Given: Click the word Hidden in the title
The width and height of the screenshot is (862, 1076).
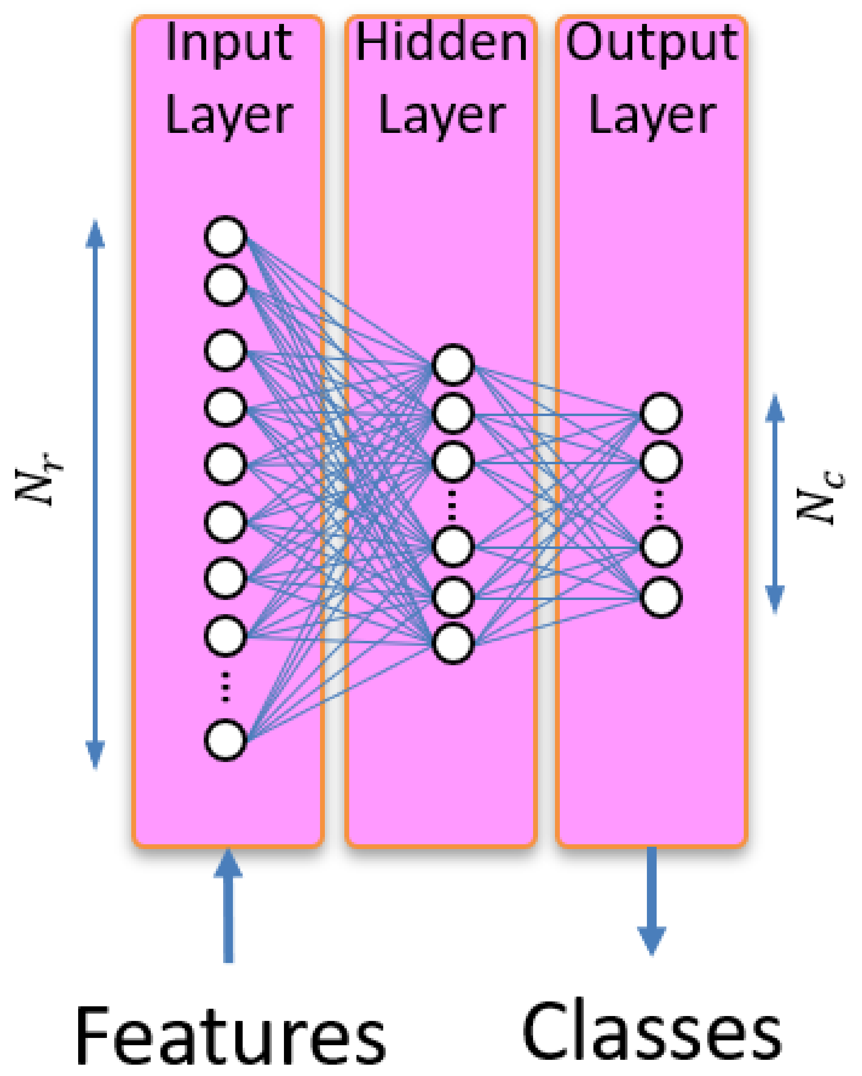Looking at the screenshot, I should tap(441, 43).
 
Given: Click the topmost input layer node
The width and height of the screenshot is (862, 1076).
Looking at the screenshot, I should tap(226, 237).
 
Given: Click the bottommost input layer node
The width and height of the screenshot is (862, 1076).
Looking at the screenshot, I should tap(226, 740).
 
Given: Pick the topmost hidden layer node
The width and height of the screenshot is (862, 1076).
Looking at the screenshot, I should tap(452, 364).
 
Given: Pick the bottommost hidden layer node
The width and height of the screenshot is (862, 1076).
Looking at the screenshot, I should tap(452, 643).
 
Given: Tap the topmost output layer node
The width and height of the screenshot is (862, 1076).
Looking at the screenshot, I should tap(661, 413).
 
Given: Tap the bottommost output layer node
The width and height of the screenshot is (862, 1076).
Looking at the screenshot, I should tap(661, 598).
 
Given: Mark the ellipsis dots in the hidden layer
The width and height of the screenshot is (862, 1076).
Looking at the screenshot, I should tap(452, 505).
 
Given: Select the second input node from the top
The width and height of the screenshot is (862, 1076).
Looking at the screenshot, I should tap(226, 286).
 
